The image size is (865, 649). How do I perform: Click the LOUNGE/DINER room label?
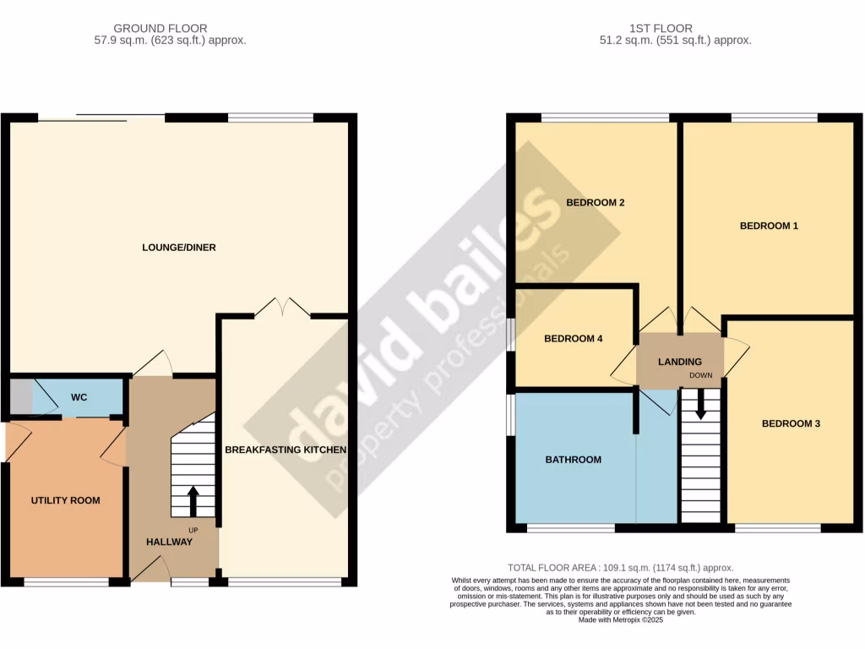click(x=178, y=248)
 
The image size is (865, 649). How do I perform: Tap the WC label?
click(x=79, y=396)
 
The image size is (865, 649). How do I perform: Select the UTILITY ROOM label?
click(x=65, y=500)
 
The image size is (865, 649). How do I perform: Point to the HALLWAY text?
click(x=168, y=542)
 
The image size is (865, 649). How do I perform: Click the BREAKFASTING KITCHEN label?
click(x=286, y=450)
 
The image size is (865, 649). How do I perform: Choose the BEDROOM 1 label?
click(x=769, y=226)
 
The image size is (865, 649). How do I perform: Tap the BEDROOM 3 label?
click(x=791, y=423)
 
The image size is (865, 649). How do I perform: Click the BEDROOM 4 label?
click(x=573, y=339)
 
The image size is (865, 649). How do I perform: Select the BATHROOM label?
click(x=573, y=460)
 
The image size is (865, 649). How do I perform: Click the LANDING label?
click(x=680, y=362)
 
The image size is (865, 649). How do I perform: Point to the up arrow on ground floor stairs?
click(x=193, y=499)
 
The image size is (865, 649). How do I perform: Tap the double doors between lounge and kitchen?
click(x=282, y=308)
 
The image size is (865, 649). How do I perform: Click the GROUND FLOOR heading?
click(x=160, y=28)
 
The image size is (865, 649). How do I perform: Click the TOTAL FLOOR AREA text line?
click(x=620, y=568)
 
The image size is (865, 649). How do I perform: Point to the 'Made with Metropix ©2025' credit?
click(x=620, y=619)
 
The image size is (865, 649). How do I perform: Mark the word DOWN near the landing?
click(x=700, y=375)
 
